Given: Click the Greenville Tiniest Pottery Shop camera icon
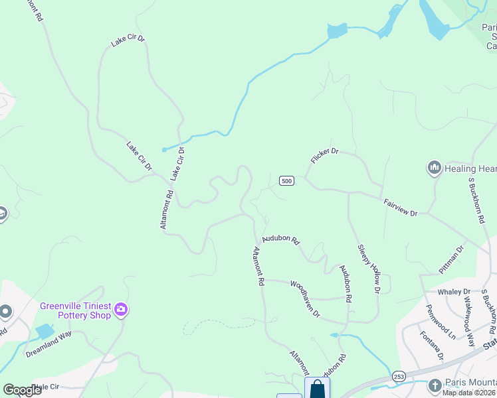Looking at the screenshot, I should (121, 308).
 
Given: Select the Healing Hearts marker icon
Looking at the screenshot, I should (435, 168).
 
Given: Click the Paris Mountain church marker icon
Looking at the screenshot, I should (435, 385).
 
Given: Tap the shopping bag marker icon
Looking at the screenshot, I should (317, 389).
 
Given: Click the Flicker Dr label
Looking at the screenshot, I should (324, 156).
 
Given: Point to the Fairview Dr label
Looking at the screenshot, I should (400, 207).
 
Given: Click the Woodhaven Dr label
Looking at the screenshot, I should (305, 298).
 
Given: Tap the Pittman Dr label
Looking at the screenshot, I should (450, 261).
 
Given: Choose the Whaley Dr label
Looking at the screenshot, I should (453, 292).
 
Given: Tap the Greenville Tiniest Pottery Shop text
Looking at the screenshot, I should (75, 310).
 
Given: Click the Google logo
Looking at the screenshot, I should (22, 389).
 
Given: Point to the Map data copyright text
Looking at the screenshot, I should (469, 393).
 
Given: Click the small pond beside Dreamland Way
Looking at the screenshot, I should (45, 331).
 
